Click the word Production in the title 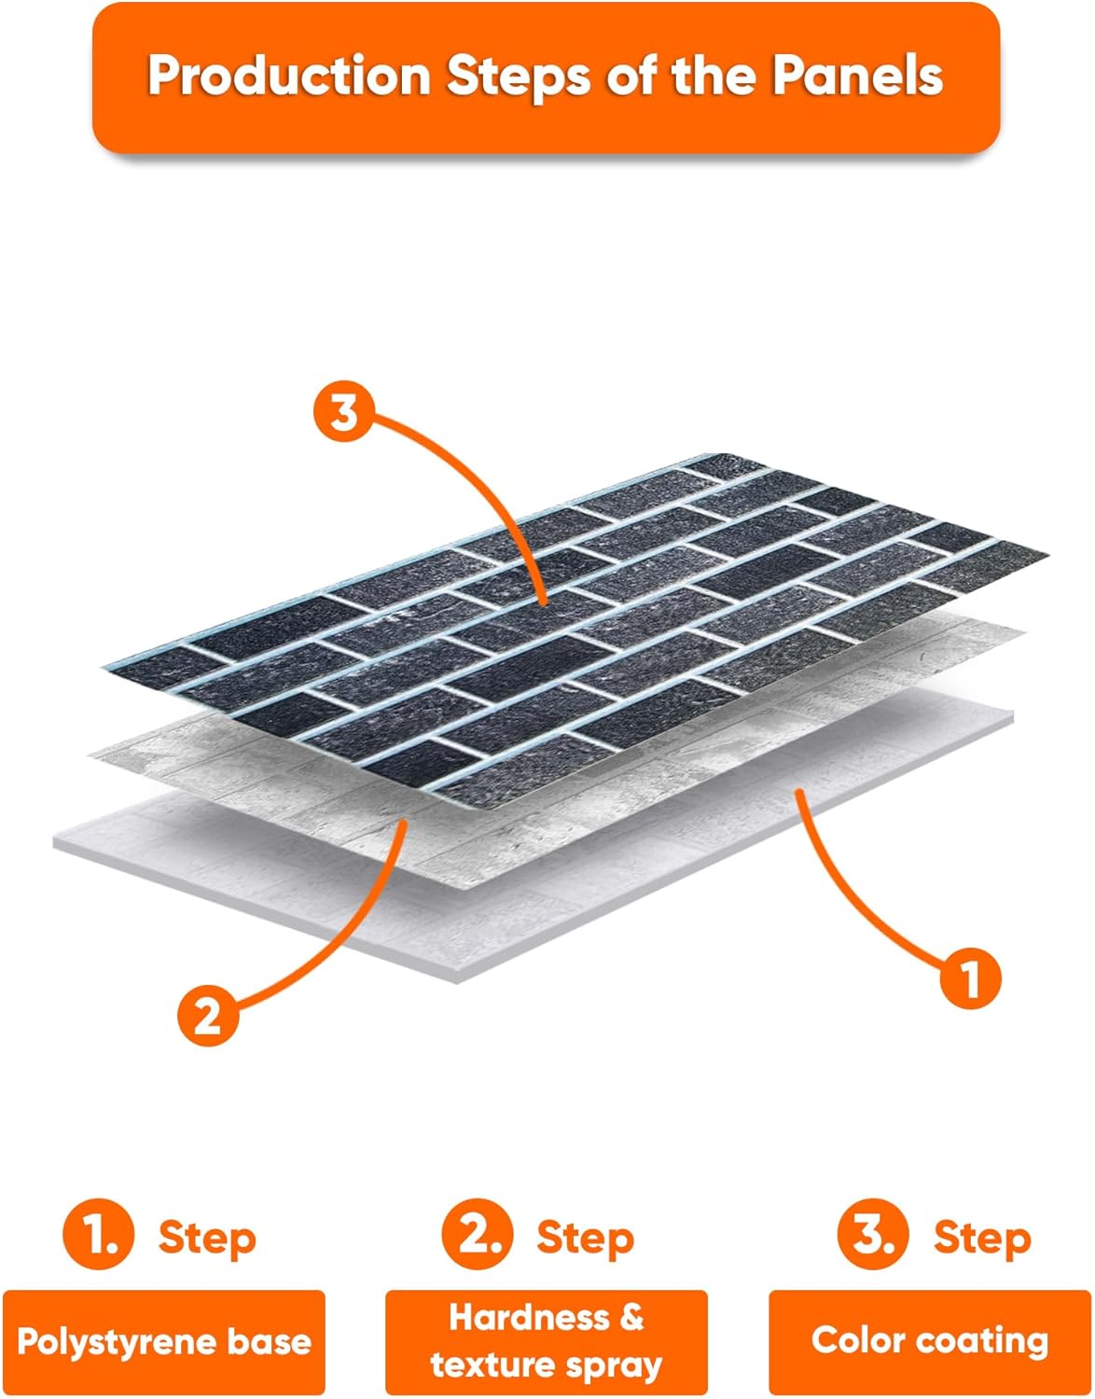(289, 76)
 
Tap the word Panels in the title (857, 76)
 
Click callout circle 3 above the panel (344, 412)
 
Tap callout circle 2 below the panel (208, 1016)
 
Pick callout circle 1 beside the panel (970, 978)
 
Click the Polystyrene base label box (164, 1343)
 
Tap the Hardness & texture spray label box (547, 1343)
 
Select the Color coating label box (930, 1343)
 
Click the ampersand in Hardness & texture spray (631, 1317)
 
